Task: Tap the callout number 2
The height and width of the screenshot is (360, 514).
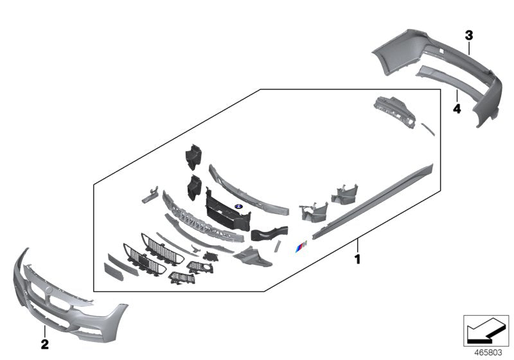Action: pyautogui.click(x=44, y=345)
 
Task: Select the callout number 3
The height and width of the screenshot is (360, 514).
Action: pyautogui.click(x=469, y=33)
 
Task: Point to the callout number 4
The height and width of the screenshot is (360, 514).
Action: pyautogui.click(x=457, y=109)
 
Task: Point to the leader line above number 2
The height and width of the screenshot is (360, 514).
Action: pyautogui.click(x=44, y=332)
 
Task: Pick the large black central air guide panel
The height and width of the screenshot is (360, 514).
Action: pyautogui.click(x=227, y=212)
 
